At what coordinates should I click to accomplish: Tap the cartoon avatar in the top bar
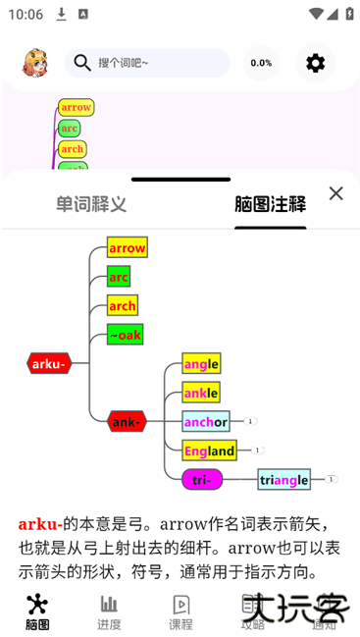[x=35, y=63]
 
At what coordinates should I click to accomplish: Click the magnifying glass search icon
[x=82, y=63]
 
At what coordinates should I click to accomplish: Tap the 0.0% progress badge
[x=261, y=63]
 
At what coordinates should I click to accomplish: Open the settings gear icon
[x=315, y=63]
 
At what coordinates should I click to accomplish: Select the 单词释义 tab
[x=91, y=204]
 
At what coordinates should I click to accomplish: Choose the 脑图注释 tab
[x=270, y=204]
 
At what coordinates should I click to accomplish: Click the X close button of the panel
[x=335, y=193]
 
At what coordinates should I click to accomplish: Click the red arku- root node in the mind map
[x=49, y=364]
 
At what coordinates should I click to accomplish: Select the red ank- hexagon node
[x=127, y=422]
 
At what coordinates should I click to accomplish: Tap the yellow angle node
[x=201, y=364]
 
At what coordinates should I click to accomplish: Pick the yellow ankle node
[x=201, y=393]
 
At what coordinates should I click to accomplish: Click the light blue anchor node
[x=206, y=422]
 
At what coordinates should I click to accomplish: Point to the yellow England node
[x=209, y=451]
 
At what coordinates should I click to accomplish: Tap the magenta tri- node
[x=201, y=479]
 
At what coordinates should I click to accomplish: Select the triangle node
[x=284, y=479]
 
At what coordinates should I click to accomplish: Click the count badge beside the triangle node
[x=331, y=479]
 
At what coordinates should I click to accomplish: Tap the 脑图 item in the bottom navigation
[x=37, y=611]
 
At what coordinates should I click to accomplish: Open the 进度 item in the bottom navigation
[x=109, y=611]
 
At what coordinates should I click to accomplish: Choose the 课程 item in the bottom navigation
[x=180, y=611]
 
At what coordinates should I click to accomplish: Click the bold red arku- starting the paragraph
[x=40, y=524]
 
